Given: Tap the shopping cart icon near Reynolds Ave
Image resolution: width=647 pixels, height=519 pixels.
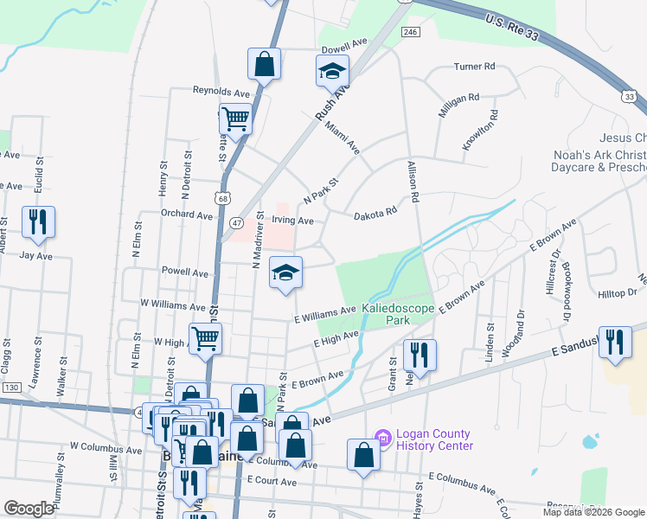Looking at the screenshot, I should [234, 119].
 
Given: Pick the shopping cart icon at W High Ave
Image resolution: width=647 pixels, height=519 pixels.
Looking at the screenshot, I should [205, 338].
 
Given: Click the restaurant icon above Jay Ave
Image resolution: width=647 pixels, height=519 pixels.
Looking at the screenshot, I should [38, 222].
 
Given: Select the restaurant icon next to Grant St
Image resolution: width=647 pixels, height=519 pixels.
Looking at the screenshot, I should [419, 355].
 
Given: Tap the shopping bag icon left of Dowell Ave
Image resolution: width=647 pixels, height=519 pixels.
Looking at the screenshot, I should [265, 64].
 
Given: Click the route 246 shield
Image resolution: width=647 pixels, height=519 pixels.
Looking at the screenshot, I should [410, 31].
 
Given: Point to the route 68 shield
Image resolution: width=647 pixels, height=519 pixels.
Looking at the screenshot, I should [225, 201].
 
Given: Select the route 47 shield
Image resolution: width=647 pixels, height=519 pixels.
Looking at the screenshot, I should [235, 222].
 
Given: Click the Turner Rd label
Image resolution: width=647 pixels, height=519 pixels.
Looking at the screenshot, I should [474, 66].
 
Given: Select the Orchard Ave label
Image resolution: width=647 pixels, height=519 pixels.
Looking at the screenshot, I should [186, 214].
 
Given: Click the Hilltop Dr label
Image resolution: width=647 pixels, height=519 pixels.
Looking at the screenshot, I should [617, 293].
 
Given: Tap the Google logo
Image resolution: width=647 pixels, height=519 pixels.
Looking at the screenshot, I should [29, 508].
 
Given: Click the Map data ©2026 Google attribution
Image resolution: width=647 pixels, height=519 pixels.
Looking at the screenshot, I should [593, 512].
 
